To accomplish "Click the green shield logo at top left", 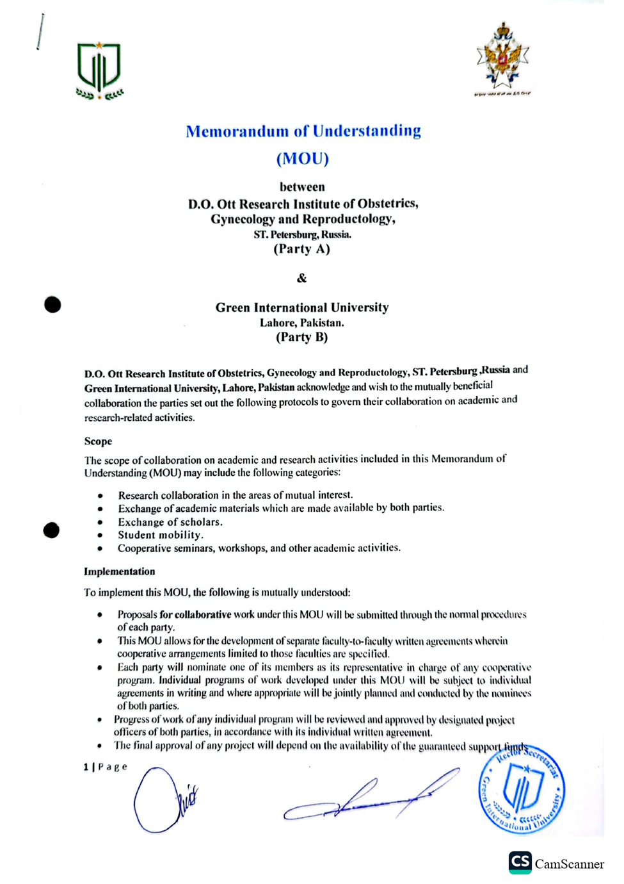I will tap(99, 69).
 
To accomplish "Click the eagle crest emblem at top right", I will tap(503, 59).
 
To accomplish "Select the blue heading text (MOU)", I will tap(303, 158).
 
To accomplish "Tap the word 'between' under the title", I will tap(302, 187).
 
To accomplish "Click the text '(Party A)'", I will tap(302, 249).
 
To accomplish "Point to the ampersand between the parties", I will tap(302, 278).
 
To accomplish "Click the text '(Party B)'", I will tap(302, 338).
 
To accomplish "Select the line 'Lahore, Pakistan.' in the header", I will tap(302, 323).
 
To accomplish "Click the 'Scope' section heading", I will tap(98, 441).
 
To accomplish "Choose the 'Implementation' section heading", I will tap(119, 571).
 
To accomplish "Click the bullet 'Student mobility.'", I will tap(161, 535).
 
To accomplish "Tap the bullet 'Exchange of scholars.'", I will tap(170, 522).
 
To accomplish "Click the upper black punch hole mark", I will tap(52, 304).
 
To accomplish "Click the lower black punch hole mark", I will tap(51, 530).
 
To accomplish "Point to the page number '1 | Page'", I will tap(105, 767).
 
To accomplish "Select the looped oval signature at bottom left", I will tap(160, 799).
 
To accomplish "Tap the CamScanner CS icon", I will tap(520, 862).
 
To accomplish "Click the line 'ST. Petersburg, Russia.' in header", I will tap(302, 234).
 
